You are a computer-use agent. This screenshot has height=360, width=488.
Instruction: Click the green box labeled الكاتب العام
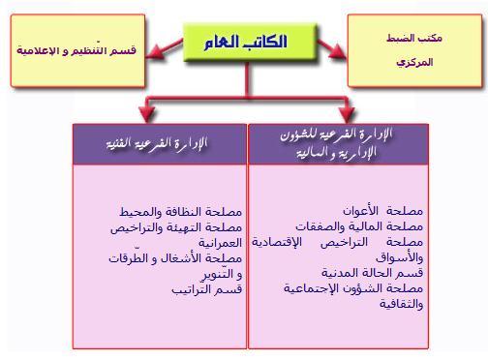pyautogui.click(x=249, y=42)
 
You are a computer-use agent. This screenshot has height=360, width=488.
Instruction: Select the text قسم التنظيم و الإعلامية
pyautogui.click(x=76, y=50)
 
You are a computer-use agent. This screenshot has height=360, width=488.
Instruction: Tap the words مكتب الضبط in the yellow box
pyautogui.click(x=414, y=38)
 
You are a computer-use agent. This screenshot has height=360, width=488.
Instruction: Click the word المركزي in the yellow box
pyautogui.click(x=414, y=62)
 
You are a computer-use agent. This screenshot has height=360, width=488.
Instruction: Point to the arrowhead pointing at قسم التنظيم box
pyautogui.click(x=154, y=51)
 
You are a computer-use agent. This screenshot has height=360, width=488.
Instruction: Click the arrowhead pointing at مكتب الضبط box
pyautogui.click(x=337, y=51)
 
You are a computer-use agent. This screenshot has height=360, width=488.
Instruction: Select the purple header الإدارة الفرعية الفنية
pyautogui.click(x=160, y=144)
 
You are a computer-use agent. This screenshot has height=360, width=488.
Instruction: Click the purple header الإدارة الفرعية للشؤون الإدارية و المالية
pyautogui.click(x=339, y=144)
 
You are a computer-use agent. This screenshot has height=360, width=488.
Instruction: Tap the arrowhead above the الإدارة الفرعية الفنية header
pyautogui.click(x=147, y=114)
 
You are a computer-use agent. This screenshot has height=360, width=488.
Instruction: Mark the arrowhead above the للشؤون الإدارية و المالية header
pyautogui.click(x=347, y=114)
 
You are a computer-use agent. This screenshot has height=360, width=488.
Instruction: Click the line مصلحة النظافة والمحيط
pyautogui.click(x=181, y=212)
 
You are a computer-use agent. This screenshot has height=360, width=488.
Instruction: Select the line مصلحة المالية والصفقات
pyautogui.click(x=359, y=226)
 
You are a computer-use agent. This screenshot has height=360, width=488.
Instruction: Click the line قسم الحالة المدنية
pyautogui.click(x=372, y=273)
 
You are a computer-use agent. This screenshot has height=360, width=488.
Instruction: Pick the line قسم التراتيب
pyautogui.click(x=207, y=289)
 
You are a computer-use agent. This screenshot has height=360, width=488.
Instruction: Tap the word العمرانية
pyautogui.click(x=220, y=243)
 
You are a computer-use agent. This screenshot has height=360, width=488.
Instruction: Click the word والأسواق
pyautogui.click(x=399, y=257)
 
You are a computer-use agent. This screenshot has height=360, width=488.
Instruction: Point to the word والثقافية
pyautogui.click(x=401, y=304)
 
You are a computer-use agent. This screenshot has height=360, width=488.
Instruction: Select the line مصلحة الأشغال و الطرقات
pyautogui.click(x=175, y=258)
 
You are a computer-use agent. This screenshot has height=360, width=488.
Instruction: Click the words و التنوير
pyautogui.click(x=222, y=274)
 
